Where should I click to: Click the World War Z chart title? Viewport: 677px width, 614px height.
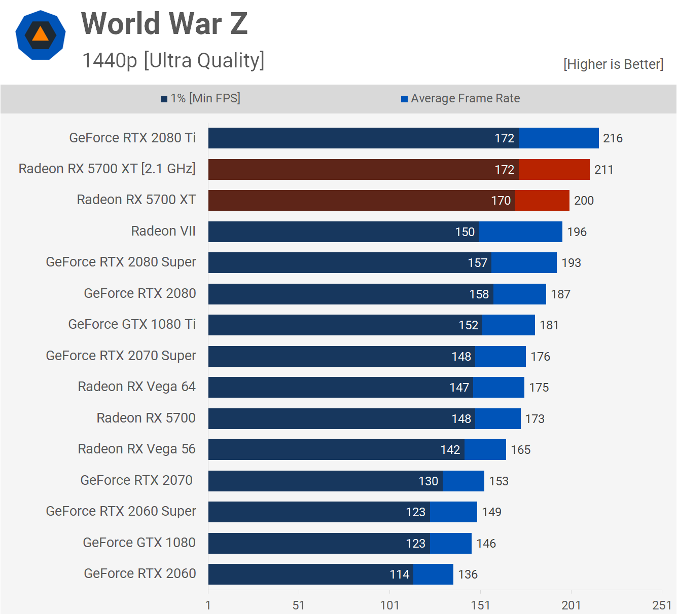(164, 23)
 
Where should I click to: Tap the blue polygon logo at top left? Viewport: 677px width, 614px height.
(41, 35)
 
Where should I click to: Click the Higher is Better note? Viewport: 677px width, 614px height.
(613, 64)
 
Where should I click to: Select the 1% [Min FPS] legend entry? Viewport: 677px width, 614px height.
(201, 98)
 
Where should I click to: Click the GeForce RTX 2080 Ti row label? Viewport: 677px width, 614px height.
(132, 138)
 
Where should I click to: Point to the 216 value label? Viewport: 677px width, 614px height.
(613, 138)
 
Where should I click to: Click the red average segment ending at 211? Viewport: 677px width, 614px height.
(554, 169)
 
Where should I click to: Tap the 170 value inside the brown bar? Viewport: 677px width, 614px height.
(501, 201)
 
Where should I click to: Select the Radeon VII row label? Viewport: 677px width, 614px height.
(163, 231)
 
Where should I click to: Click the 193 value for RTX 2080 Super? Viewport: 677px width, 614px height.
(571, 263)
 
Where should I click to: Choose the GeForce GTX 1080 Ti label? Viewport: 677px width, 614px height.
(132, 324)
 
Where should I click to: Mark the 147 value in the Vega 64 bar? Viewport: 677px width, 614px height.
(459, 388)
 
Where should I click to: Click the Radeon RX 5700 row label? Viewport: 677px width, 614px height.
(146, 418)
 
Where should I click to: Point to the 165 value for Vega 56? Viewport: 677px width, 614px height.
(520, 450)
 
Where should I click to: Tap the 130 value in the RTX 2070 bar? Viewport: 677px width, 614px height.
(429, 481)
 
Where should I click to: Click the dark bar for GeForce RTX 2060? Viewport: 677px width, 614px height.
(310, 574)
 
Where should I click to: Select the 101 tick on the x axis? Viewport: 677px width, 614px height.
(389, 605)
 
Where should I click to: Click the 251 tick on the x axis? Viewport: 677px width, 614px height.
(662, 605)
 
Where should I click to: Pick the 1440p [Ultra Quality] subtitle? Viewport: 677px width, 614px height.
(173, 60)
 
